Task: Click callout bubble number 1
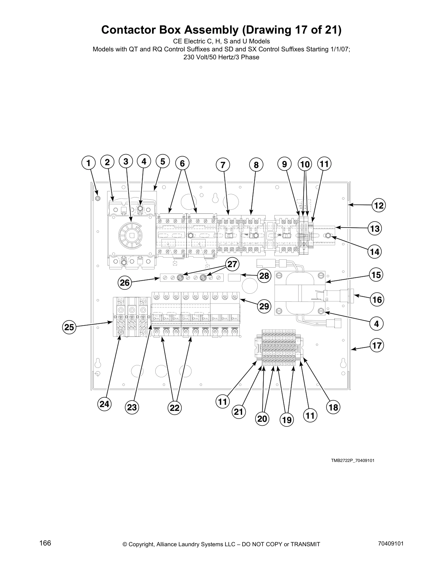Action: pyautogui.click(x=88, y=163)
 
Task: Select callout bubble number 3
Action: pyautogui.click(x=126, y=162)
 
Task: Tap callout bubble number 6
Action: pyautogui.click(x=182, y=164)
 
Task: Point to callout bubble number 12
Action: pyautogui.click(x=379, y=206)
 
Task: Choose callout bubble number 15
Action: pyautogui.click(x=376, y=275)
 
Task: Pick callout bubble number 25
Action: pyautogui.click(x=69, y=328)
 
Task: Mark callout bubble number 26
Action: pyautogui.click(x=125, y=282)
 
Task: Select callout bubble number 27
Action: pyautogui.click(x=232, y=264)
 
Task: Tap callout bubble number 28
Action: pyautogui.click(x=264, y=276)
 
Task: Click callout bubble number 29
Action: pyautogui.click(x=264, y=306)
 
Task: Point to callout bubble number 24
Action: pyautogui.click(x=105, y=404)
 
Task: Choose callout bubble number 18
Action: pyautogui.click(x=333, y=408)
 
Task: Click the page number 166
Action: pyautogui.click(x=45, y=543)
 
